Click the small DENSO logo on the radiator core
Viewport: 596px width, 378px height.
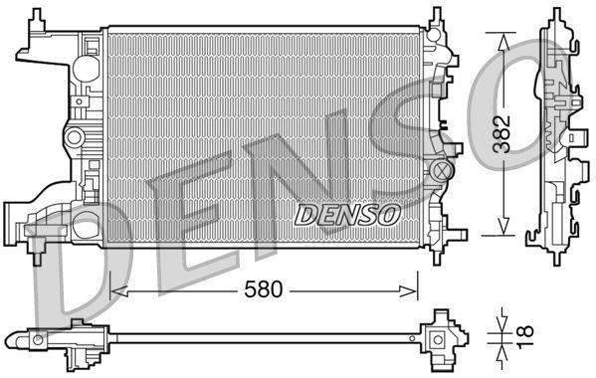point(348,213)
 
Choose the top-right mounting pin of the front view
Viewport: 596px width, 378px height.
point(436,17)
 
